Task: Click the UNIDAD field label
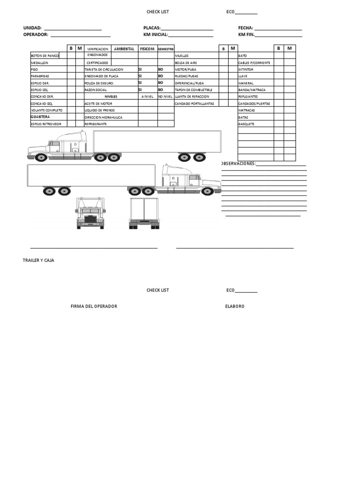(x=32, y=28)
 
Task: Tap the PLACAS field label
(x=152, y=28)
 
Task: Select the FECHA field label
(x=246, y=28)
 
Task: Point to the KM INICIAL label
(x=156, y=35)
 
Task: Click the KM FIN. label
(x=246, y=35)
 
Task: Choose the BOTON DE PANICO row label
(x=45, y=55)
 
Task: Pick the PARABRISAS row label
(x=40, y=76)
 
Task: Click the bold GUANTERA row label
(x=40, y=117)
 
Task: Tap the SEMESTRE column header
(x=166, y=49)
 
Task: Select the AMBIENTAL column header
(x=124, y=49)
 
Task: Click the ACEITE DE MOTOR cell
(x=98, y=103)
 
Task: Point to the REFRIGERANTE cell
(x=96, y=124)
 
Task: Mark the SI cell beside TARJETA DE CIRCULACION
(x=140, y=69)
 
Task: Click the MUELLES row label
(x=181, y=55)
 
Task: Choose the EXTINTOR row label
(x=247, y=69)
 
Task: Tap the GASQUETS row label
(x=247, y=124)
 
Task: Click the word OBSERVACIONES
(x=238, y=164)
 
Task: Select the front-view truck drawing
(x=90, y=213)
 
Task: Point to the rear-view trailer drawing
(x=144, y=213)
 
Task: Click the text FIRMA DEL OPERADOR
(x=94, y=306)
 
